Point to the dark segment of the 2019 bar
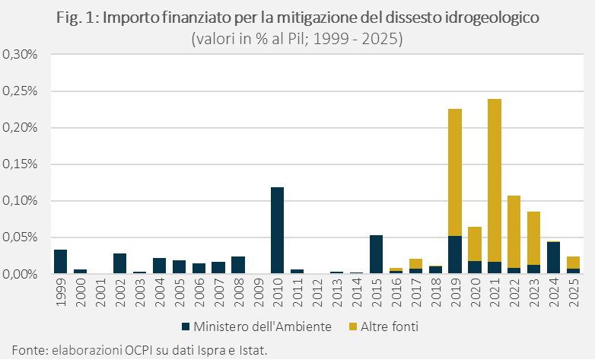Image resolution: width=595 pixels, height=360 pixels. point(455,254)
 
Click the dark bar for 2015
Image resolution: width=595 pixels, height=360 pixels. point(376,253)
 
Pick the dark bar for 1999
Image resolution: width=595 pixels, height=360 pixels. point(60,261)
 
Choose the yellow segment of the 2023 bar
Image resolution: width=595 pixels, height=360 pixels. point(534,238)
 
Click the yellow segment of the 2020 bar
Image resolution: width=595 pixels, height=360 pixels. point(475,244)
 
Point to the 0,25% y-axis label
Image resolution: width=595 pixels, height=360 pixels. point(21,91)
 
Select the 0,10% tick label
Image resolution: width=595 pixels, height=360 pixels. point(21,201)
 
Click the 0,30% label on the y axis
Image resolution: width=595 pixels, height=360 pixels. point(21,55)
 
